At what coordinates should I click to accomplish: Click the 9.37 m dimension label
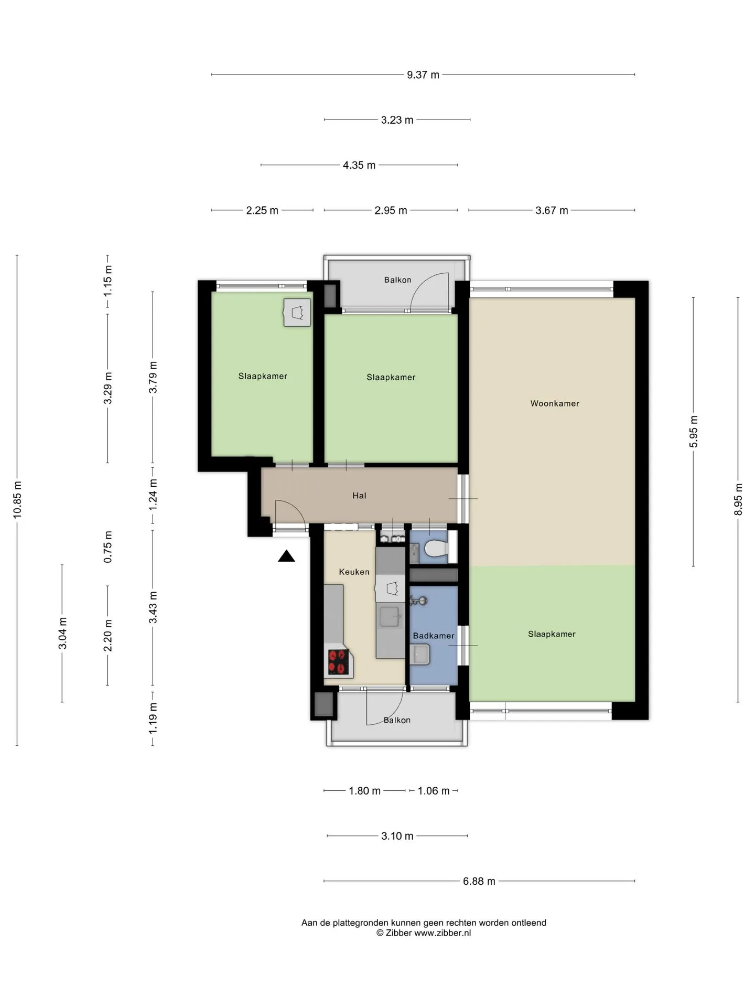(x=423, y=75)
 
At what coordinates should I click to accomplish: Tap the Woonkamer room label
(x=555, y=403)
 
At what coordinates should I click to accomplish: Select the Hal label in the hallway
(x=359, y=496)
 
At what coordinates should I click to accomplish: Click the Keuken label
(x=354, y=572)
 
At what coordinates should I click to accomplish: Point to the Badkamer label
(x=434, y=636)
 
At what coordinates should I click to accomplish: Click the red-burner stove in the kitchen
(x=339, y=662)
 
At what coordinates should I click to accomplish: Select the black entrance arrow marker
(x=286, y=556)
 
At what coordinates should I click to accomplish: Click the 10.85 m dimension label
(x=17, y=500)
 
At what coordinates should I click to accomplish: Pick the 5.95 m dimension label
(x=694, y=432)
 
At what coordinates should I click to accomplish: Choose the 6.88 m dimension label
(x=479, y=881)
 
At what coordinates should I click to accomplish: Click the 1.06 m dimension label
(x=434, y=791)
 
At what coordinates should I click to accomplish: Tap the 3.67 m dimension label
(x=552, y=210)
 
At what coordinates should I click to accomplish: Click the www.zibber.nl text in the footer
(x=443, y=933)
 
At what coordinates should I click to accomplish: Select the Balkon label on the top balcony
(x=397, y=280)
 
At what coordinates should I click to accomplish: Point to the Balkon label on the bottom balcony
(x=397, y=720)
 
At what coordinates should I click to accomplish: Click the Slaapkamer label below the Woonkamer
(x=552, y=634)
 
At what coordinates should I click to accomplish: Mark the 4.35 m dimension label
(x=359, y=165)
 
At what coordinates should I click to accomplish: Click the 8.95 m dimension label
(x=738, y=499)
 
